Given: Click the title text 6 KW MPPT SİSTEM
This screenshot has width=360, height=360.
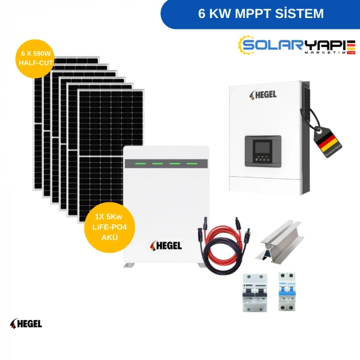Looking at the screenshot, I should point(261,14).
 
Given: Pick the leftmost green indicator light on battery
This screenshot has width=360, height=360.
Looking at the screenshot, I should point(138,164).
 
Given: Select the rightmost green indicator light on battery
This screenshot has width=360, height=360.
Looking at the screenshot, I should point(191,164).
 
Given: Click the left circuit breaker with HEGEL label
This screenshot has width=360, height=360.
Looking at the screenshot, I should point(253,292).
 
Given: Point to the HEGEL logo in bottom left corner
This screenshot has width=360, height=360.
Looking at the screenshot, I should point(26,323).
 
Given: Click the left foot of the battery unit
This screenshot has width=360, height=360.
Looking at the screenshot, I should point(128,265).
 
